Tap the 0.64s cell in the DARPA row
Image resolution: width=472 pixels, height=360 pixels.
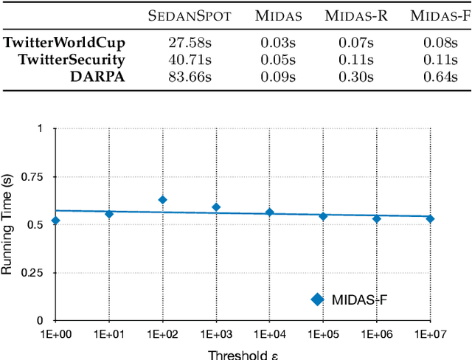pyautogui.click(x=440, y=77)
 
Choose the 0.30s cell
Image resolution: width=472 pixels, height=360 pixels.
pyautogui.click(x=358, y=77)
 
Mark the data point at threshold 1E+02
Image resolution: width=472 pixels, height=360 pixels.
pyautogui.click(x=162, y=200)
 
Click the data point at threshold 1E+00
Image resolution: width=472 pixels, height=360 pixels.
pyautogui.click(x=55, y=221)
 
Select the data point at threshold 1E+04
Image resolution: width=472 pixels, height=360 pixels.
pyautogui.click(x=269, y=212)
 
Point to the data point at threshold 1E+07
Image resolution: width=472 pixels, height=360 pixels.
pyautogui.click(x=430, y=218)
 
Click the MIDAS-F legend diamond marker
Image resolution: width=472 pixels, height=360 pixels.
pyautogui.click(x=318, y=299)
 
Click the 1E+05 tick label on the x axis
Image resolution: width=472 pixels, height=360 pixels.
pyautogui.click(x=323, y=334)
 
